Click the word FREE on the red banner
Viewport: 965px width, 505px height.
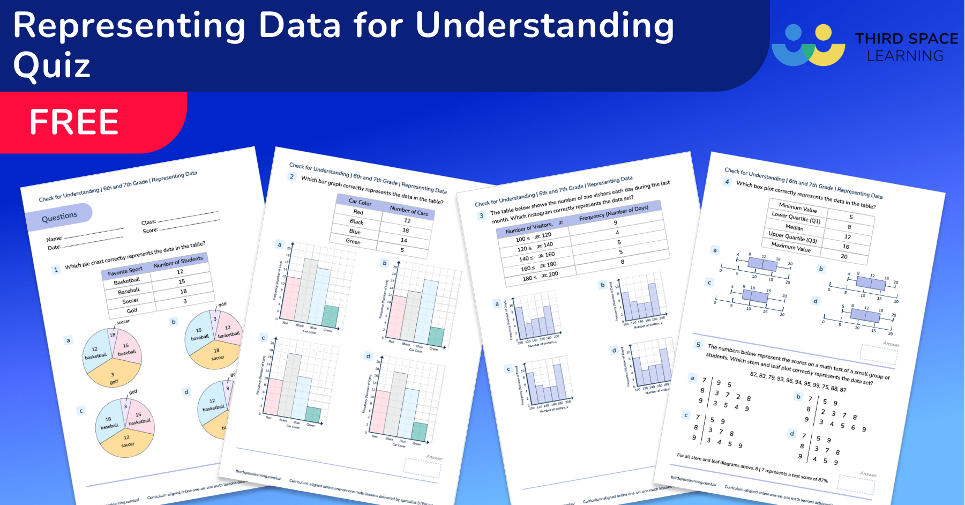[74, 122]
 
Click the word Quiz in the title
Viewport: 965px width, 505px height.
[51, 66]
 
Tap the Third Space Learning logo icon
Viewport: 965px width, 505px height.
[808, 45]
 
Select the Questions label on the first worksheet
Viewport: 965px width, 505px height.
[59, 217]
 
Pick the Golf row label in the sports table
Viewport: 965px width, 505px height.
[132, 310]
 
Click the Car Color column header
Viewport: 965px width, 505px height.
[360, 202]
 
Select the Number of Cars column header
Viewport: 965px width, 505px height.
[409, 211]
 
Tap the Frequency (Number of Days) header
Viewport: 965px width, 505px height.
[614, 213]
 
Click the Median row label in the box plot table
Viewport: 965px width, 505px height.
[794, 227]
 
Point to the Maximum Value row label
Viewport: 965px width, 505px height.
[791, 247]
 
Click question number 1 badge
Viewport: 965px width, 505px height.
[56, 270]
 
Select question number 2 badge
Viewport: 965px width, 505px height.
[291, 176]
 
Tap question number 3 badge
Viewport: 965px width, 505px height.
[481, 216]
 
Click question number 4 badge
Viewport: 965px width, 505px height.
[727, 182]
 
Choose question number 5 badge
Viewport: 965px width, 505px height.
[698, 345]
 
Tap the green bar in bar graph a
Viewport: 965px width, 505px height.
[330, 316]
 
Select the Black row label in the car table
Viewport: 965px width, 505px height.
[356, 221]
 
